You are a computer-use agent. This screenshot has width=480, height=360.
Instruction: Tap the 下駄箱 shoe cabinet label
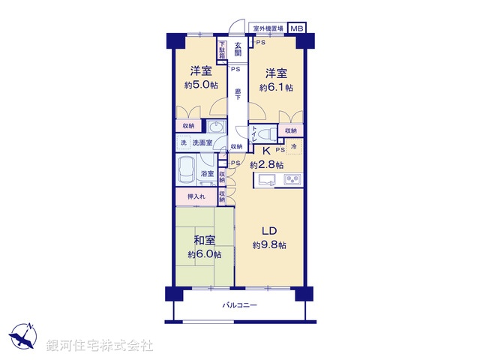click(x=222, y=49)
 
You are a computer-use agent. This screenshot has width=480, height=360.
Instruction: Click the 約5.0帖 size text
click(x=199, y=85)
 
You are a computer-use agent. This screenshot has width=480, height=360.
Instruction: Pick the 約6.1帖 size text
click(x=274, y=87)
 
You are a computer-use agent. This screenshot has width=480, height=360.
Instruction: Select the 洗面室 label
click(x=202, y=142)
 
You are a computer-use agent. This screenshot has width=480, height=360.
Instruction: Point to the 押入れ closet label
click(x=196, y=196)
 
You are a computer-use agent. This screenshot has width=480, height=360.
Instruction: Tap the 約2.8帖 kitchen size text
click(x=267, y=164)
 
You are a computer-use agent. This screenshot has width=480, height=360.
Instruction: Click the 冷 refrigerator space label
click(x=294, y=146)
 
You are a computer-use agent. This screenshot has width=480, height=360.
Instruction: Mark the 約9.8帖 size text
click(x=270, y=245)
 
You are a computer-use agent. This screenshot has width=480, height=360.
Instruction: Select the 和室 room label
click(x=205, y=241)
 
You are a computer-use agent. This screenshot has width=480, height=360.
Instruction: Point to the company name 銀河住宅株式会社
click(x=100, y=346)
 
